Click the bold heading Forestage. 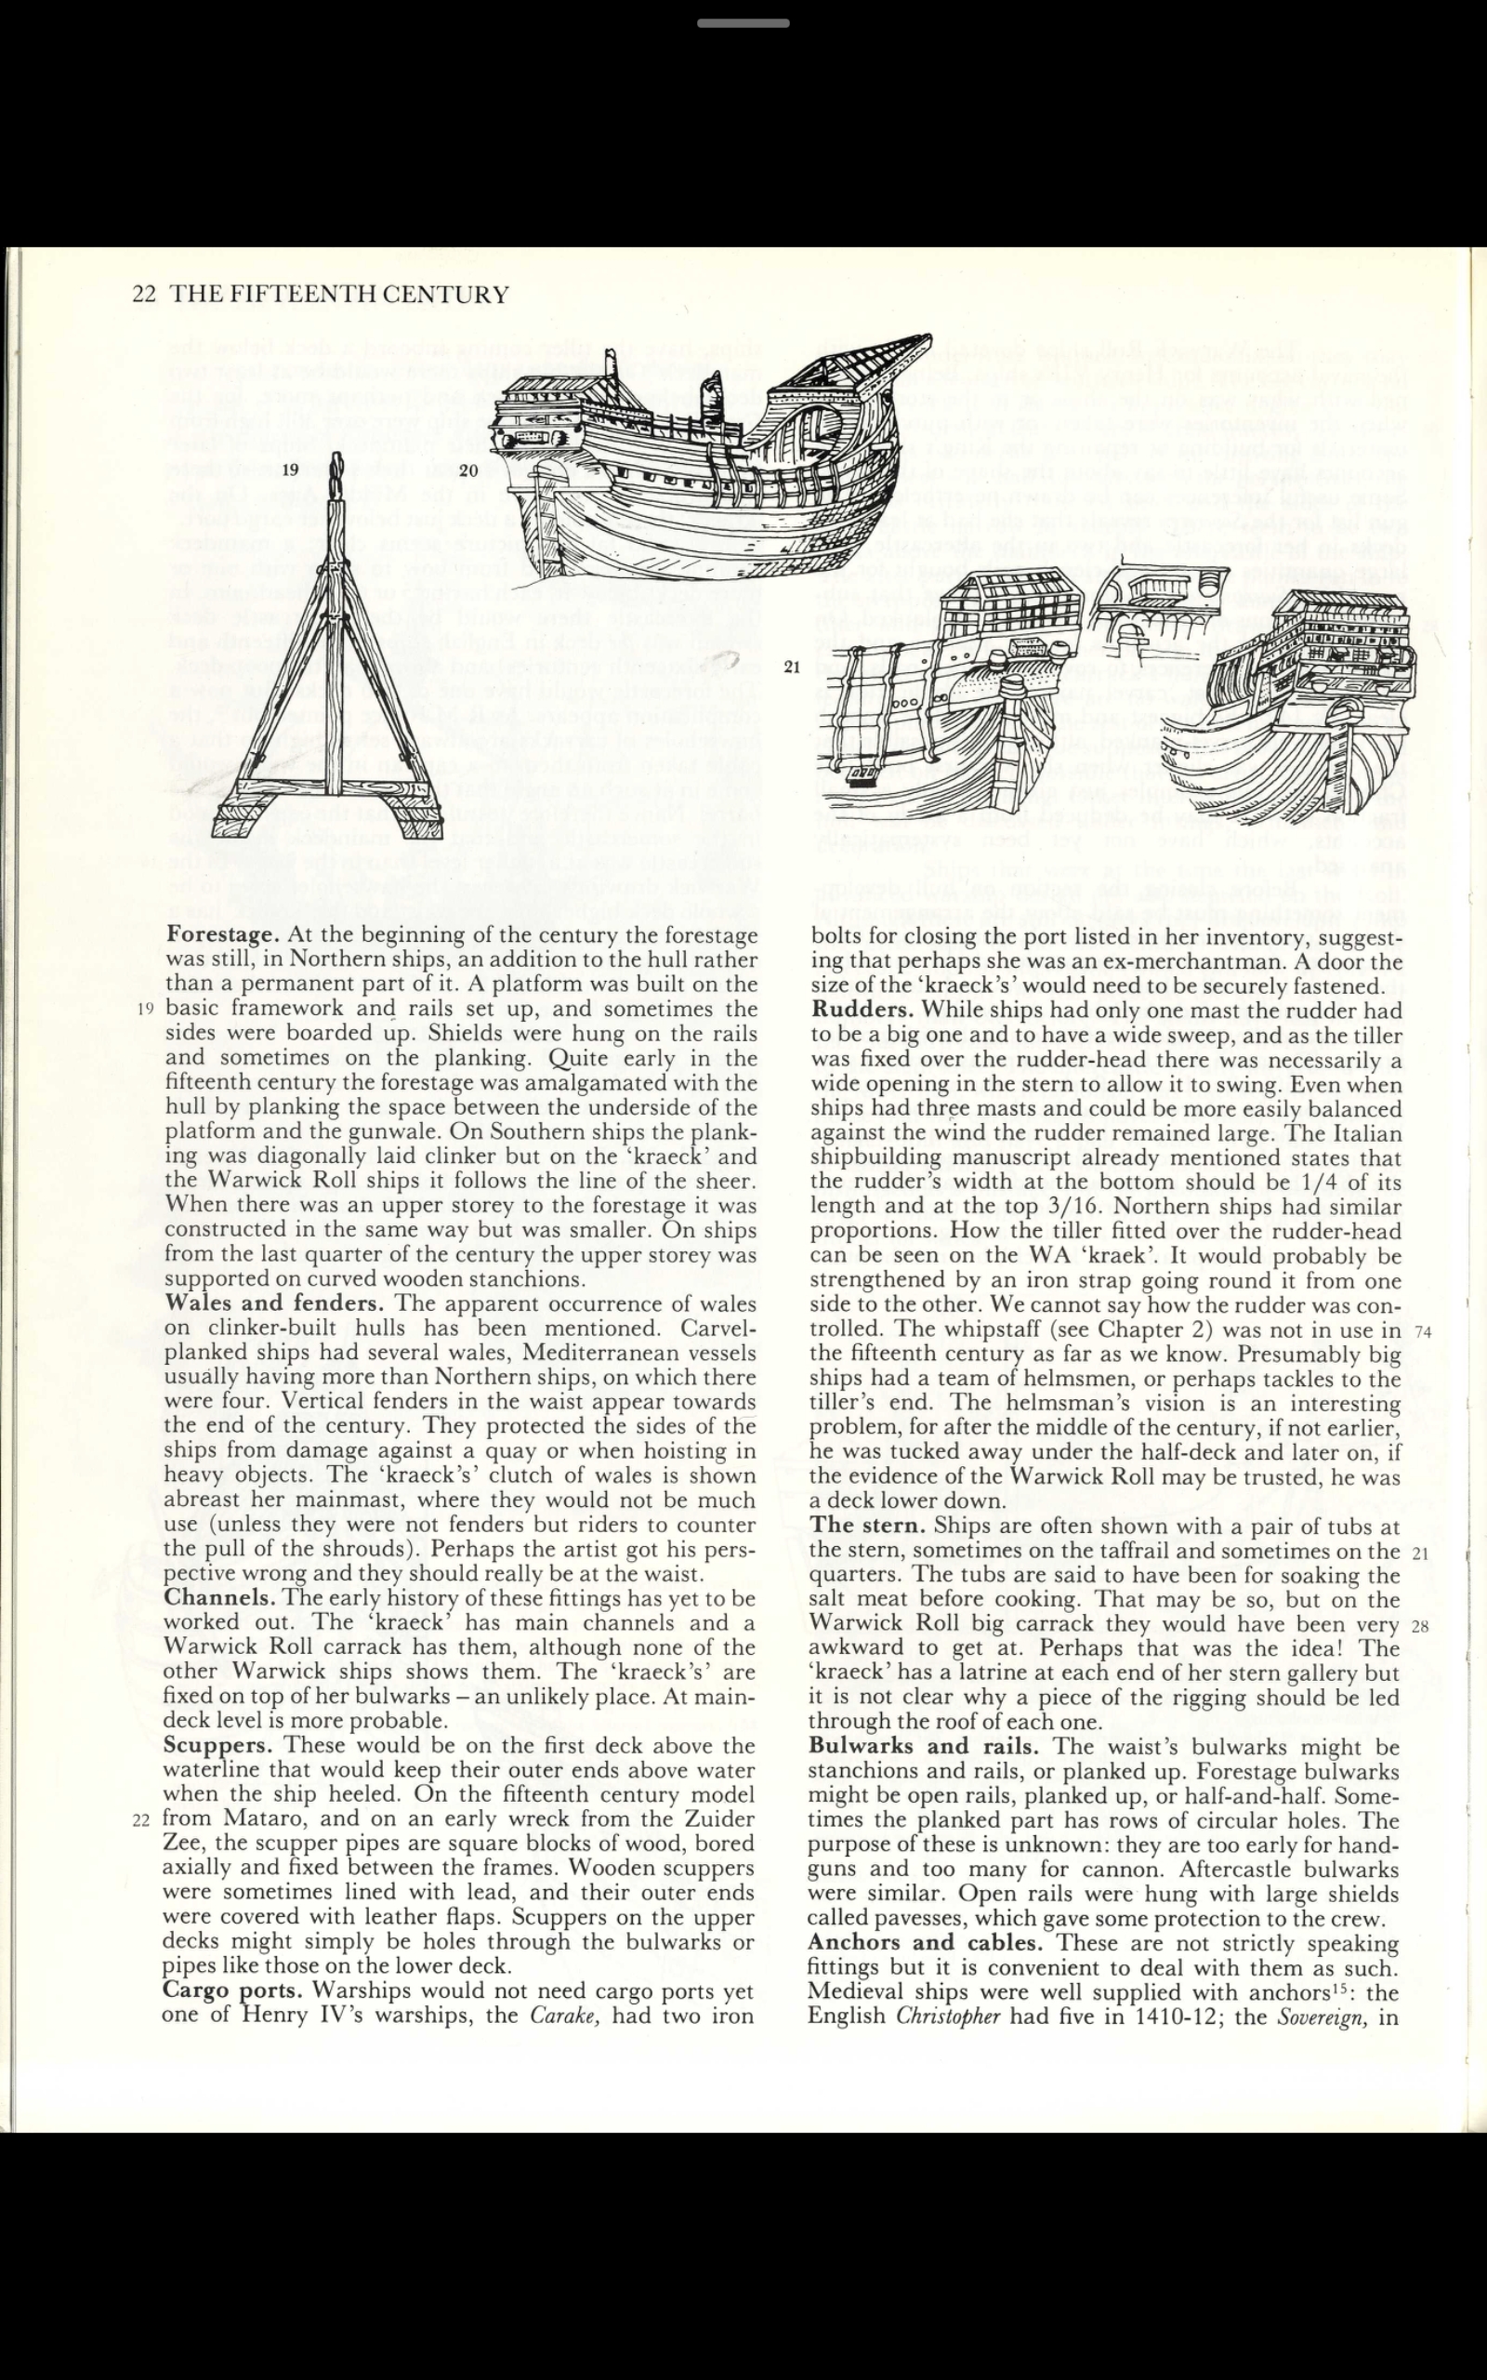click(x=223, y=934)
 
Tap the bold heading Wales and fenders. click(x=274, y=1303)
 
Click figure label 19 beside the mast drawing click(x=290, y=470)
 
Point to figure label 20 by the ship click(x=468, y=470)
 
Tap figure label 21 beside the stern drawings click(x=792, y=668)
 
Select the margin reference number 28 click(x=1419, y=1627)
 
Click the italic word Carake click(x=565, y=2016)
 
